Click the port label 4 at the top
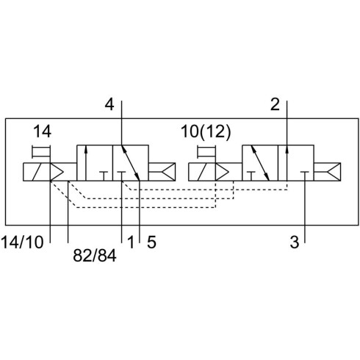click(109, 104)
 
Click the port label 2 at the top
click(275, 104)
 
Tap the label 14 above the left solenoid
click(42, 132)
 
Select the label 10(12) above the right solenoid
click(206, 132)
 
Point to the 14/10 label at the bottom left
click(22, 242)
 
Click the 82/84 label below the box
click(95, 256)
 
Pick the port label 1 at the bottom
click(131, 242)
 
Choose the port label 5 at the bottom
click(151, 242)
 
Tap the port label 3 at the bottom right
click(295, 242)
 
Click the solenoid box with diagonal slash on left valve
click(37, 172)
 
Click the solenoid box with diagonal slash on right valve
click(202, 172)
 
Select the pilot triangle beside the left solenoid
click(57, 172)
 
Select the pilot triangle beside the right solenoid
click(222, 172)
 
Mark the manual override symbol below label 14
click(41, 152)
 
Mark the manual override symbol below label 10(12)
click(206, 152)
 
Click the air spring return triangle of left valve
click(169, 172)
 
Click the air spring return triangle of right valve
click(334, 172)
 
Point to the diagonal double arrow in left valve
click(131, 163)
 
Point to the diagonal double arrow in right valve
click(260, 163)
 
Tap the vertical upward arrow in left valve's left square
click(86, 163)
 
